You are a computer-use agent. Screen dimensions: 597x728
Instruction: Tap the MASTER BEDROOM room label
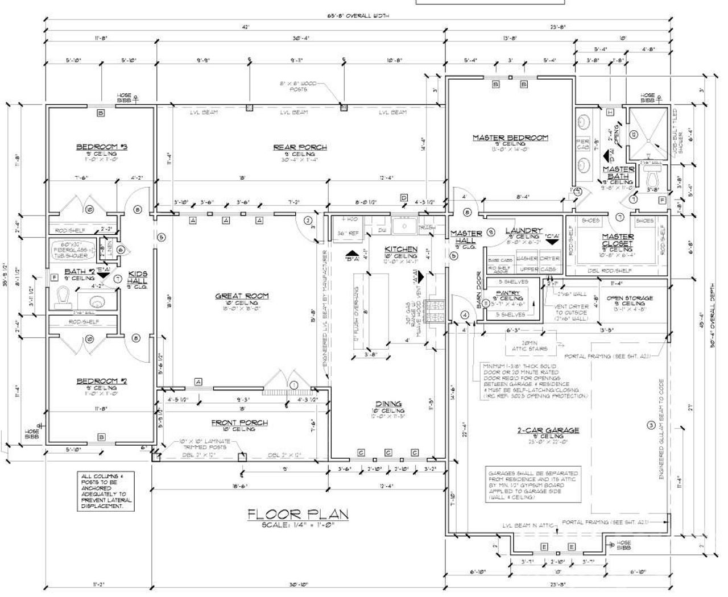pos(510,138)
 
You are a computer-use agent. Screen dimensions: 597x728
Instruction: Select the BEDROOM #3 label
pos(102,147)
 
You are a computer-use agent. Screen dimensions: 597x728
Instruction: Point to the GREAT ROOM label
pos(242,296)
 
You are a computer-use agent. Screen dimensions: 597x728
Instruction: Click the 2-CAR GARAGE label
pos(548,430)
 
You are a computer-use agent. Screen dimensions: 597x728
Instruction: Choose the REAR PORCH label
pos(300,147)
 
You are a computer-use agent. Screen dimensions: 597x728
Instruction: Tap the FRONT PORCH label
pos(239,422)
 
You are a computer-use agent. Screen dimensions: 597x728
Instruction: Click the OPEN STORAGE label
pos(630,298)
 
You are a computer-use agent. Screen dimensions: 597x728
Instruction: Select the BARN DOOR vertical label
pos(479,290)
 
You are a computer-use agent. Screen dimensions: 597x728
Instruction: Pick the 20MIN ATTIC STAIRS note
pos(526,345)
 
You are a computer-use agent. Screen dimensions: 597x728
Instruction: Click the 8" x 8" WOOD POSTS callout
pos(298,86)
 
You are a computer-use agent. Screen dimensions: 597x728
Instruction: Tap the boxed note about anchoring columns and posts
pos(106,491)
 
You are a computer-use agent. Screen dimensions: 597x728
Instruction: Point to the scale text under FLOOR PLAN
pos(298,526)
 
